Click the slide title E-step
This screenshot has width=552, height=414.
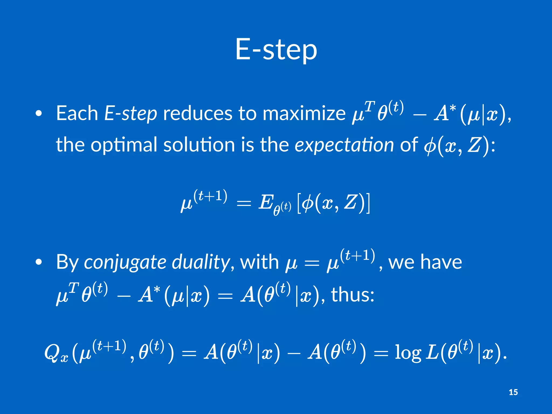click(276, 50)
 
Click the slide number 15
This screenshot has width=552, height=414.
click(513, 392)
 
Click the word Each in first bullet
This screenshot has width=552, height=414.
click(77, 113)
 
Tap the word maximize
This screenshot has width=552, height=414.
click(304, 113)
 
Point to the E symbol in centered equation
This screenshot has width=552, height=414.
click(265, 202)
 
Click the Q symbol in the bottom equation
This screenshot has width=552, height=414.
click(53, 353)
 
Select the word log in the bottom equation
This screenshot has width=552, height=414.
click(408, 353)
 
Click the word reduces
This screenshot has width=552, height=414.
click(197, 113)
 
